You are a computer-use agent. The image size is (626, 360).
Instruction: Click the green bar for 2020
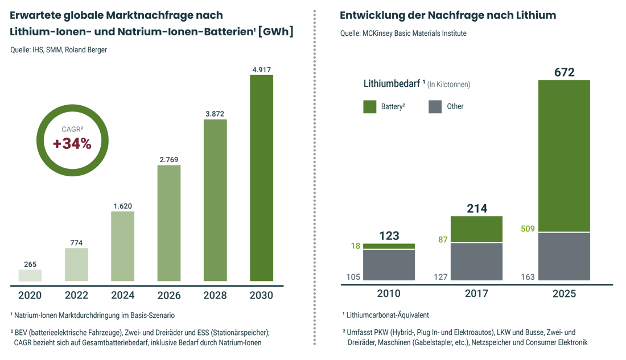[x=30, y=275]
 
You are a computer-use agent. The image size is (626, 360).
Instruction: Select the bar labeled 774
[x=76, y=264]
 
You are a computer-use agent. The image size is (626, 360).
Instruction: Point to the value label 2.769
[x=169, y=160]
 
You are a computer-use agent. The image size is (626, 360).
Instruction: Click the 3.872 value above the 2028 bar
[x=215, y=114]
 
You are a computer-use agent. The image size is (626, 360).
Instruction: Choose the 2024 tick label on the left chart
[x=122, y=295]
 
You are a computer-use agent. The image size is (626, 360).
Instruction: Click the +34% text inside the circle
[x=72, y=144]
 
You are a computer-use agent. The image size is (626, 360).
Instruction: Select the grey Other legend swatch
[x=435, y=106]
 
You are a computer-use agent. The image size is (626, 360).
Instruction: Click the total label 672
[x=564, y=72]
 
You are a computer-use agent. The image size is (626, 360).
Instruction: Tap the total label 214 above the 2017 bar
[x=477, y=208]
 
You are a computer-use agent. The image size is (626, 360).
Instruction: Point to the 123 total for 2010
[x=389, y=235]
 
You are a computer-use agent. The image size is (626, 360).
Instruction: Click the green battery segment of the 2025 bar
[x=564, y=155]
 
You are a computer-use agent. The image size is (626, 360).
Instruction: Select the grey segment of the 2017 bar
[x=477, y=262]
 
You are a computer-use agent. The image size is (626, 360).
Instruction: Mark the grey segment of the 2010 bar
[x=389, y=265]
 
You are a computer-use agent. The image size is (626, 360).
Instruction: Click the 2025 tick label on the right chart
[x=564, y=294]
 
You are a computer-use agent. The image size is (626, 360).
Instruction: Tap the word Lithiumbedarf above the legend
[x=389, y=84]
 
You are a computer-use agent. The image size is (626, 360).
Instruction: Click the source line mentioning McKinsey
[x=403, y=34]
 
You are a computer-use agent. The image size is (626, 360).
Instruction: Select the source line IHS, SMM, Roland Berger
[x=59, y=49]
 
